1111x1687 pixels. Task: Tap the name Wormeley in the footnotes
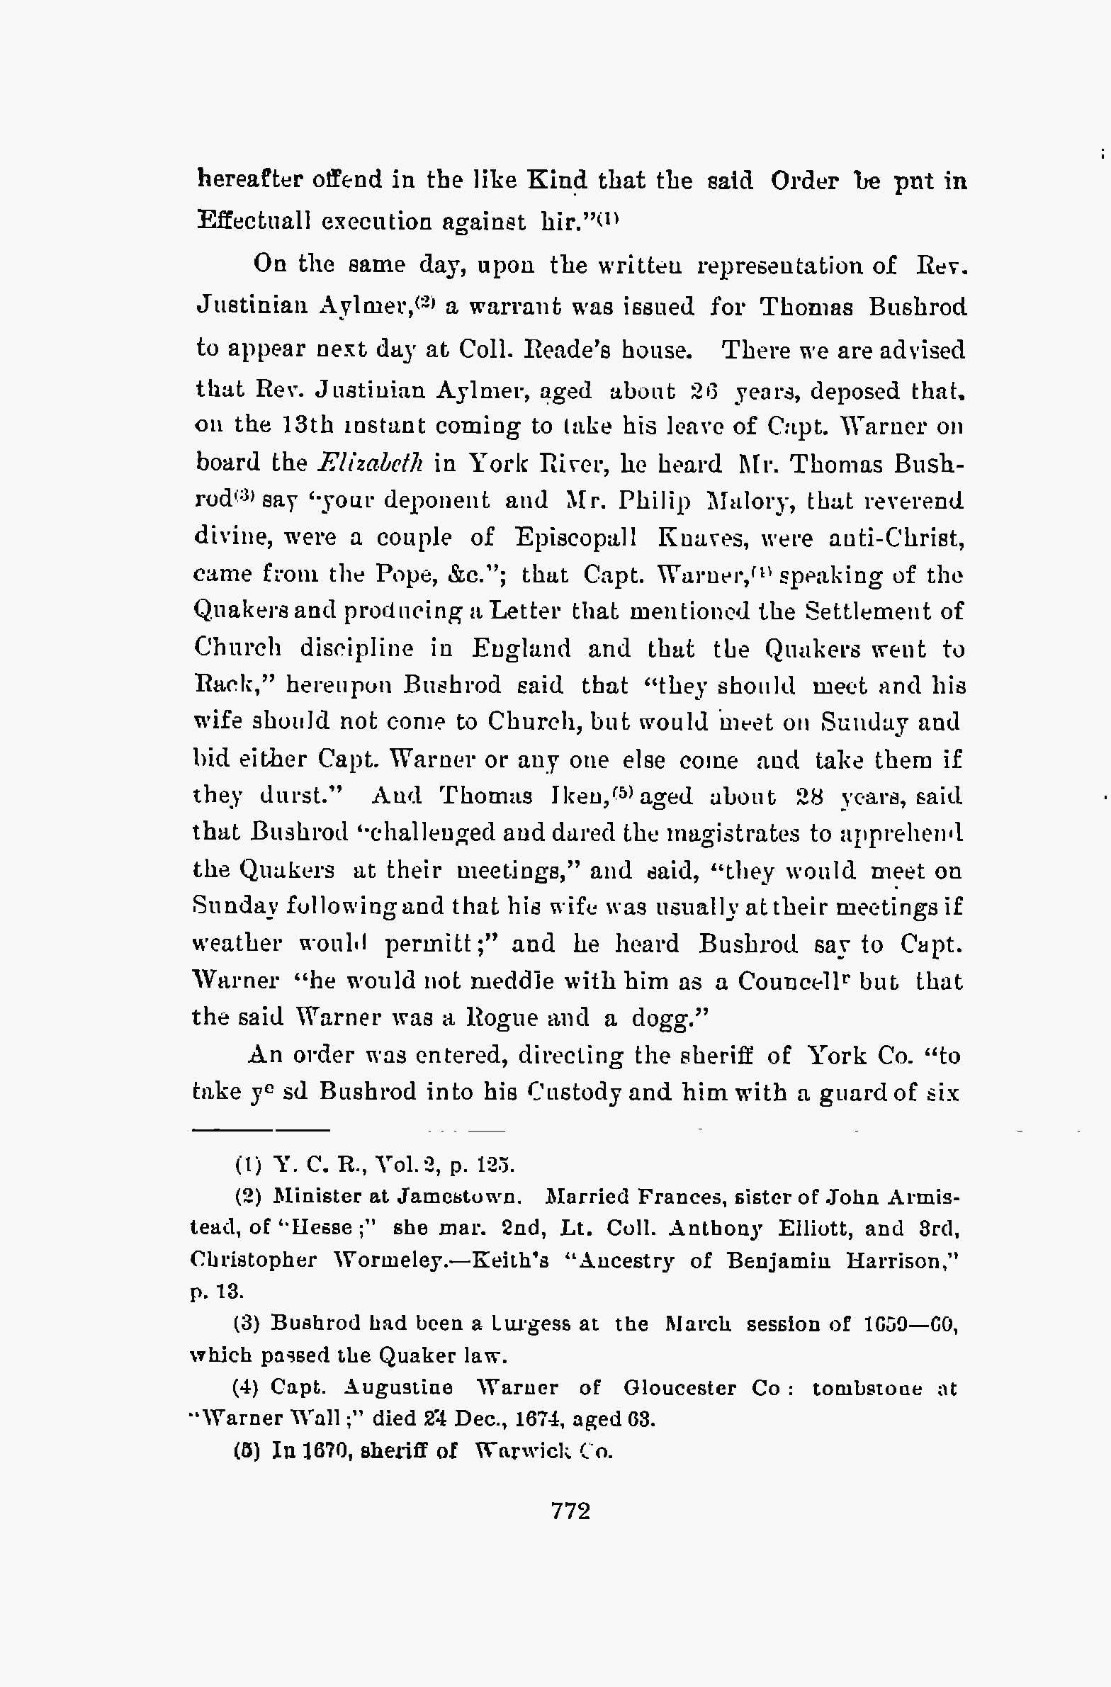tap(394, 1260)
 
